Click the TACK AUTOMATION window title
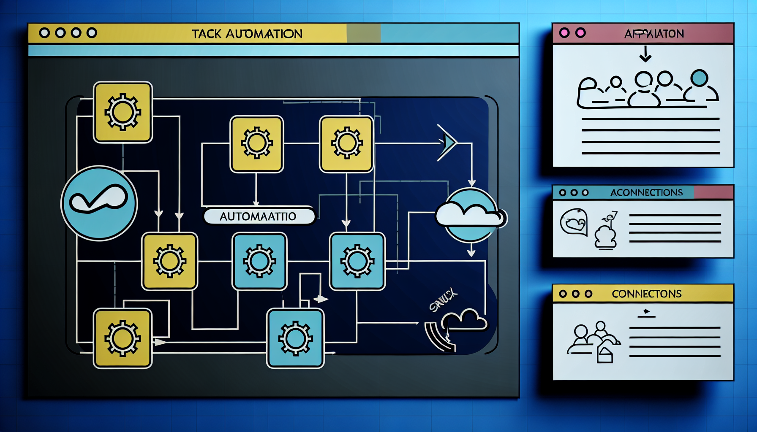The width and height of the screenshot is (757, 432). click(247, 34)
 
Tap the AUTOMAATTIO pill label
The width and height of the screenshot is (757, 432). click(258, 216)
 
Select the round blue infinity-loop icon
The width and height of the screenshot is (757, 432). click(99, 203)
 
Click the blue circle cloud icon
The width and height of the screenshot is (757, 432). click(471, 215)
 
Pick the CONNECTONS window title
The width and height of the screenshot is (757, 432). click(646, 294)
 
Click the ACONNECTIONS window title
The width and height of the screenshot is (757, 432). click(646, 192)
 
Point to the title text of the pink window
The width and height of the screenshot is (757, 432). click(654, 34)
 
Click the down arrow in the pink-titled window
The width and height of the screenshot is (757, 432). click(645, 54)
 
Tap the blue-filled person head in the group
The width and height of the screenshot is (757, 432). click(700, 78)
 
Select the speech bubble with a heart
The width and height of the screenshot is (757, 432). click(574, 222)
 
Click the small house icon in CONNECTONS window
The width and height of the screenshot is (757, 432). click(605, 354)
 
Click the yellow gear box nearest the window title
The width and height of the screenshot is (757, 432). click(123, 112)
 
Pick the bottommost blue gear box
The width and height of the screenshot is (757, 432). click(295, 338)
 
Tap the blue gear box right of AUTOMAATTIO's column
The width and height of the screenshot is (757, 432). click(357, 262)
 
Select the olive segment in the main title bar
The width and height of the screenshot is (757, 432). click(364, 33)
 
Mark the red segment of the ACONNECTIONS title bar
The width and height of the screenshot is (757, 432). click(713, 192)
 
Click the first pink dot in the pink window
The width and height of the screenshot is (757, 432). click(564, 33)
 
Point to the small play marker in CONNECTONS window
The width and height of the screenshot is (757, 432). click(646, 312)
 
